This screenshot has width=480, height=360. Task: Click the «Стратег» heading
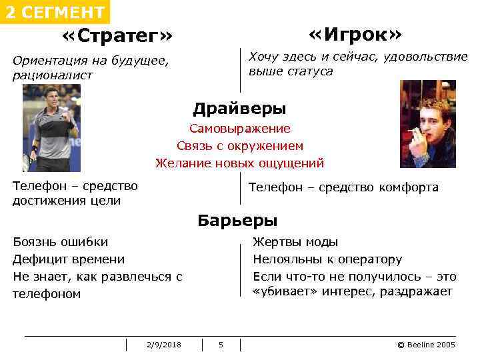117,35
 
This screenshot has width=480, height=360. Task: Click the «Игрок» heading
355,34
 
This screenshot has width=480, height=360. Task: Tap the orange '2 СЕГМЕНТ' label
54,12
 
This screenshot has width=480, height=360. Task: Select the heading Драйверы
239,109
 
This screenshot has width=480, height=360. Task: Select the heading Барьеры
237,221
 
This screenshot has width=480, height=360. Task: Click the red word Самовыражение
239,129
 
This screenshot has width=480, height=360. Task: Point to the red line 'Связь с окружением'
239,145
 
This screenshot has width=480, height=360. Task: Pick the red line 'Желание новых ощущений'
239,163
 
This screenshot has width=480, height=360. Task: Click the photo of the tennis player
51,128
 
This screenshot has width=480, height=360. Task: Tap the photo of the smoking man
427,124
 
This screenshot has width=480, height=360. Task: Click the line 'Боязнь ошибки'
60,242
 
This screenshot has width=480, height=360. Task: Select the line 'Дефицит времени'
69,259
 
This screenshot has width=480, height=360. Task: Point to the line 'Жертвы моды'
295,242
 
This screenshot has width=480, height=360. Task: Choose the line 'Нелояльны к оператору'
327,259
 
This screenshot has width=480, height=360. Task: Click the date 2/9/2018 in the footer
163,345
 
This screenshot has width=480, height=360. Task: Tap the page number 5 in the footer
221,345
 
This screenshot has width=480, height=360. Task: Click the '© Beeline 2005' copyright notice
426,345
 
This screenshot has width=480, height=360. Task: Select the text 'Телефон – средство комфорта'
343,187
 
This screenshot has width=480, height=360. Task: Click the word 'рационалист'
53,75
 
